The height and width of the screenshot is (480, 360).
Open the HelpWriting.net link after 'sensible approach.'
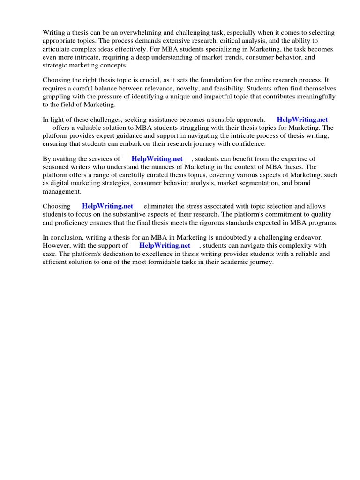click(302, 120)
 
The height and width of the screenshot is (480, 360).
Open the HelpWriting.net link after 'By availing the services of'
click(157, 159)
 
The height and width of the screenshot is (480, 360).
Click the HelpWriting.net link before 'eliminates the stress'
click(107, 206)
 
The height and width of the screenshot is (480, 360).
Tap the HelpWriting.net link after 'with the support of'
click(165, 245)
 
